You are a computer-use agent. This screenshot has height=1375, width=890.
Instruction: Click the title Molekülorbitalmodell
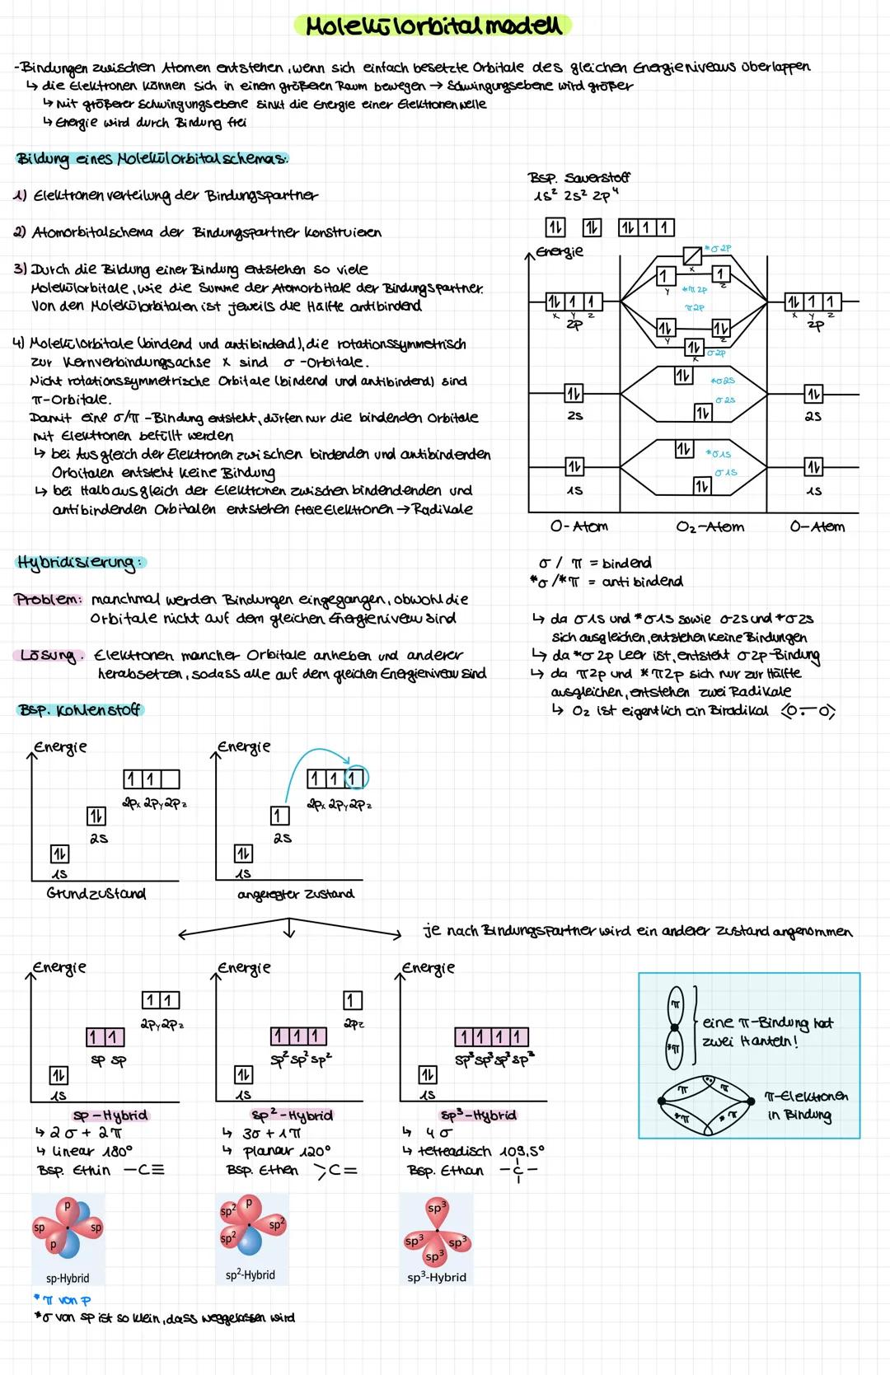click(433, 26)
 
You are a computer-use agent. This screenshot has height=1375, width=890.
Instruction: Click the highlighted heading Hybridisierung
click(79, 563)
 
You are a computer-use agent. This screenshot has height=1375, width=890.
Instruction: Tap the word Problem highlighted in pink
click(49, 600)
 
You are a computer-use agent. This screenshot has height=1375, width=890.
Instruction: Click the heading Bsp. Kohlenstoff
click(79, 710)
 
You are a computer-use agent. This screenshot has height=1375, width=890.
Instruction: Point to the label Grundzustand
click(96, 894)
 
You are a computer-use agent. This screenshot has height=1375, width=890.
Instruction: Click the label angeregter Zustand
click(294, 894)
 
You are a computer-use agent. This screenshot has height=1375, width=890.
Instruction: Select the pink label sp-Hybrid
click(110, 1115)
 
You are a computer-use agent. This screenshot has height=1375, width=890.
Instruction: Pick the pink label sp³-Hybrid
click(478, 1115)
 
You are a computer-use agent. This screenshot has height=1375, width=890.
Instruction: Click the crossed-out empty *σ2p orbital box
click(692, 255)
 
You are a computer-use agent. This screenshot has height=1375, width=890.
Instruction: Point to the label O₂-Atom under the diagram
click(710, 527)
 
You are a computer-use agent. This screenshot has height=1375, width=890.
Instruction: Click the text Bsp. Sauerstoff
click(579, 177)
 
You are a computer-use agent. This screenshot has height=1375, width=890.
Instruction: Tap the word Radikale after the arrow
click(443, 509)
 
